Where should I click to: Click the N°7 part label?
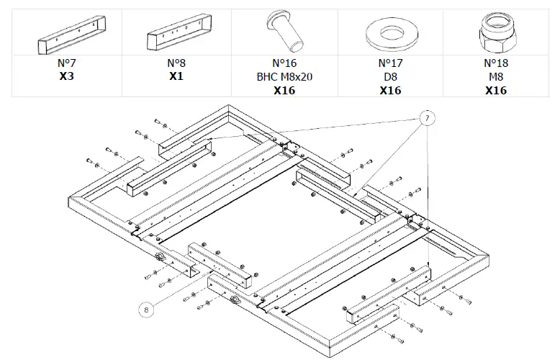coord(66,63)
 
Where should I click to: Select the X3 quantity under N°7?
coord(66,76)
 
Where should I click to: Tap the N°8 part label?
coord(176,63)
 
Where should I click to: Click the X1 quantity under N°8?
coord(176,76)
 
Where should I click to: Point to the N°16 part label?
coord(284,63)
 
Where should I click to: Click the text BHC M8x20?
coord(284,76)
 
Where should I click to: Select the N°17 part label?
coord(390,63)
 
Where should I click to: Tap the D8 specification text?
coord(390,76)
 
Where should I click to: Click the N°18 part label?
coord(496,63)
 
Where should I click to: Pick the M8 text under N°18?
coord(496,76)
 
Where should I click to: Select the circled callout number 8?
coord(147,310)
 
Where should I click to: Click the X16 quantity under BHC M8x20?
coord(284,90)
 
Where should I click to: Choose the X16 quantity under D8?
coord(390,90)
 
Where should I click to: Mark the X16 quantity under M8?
coord(496,90)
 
